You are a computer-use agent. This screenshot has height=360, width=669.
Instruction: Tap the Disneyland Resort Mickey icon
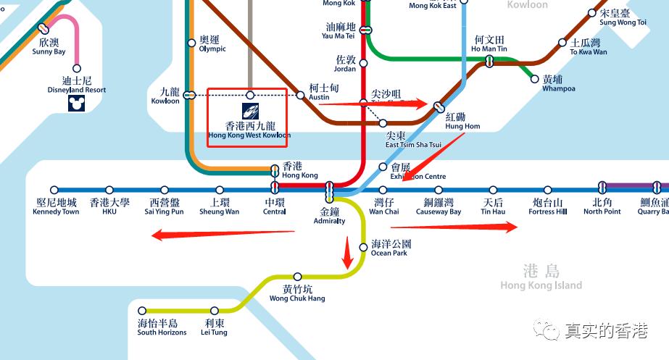(x=75, y=104)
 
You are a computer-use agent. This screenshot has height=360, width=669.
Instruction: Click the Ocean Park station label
(x=390, y=248)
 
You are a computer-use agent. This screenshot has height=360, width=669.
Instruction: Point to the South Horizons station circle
(x=142, y=311)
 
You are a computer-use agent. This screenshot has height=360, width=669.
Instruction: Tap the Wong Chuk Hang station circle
(x=297, y=277)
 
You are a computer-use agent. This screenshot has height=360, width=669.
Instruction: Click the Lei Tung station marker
(x=215, y=311)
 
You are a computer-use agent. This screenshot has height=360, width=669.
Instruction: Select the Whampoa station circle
(x=536, y=79)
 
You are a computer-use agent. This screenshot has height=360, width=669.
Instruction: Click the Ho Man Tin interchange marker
(x=490, y=62)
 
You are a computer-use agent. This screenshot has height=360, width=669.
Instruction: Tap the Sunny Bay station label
(x=49, y=47)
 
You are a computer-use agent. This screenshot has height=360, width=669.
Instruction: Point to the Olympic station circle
(x=191, y=43)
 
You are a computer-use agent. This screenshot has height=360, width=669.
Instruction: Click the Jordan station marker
(x=364, y=63)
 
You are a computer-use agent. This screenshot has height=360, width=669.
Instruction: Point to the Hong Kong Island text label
(x=541, y=277)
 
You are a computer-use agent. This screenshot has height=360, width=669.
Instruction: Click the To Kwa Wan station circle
(x=562, y=43)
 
